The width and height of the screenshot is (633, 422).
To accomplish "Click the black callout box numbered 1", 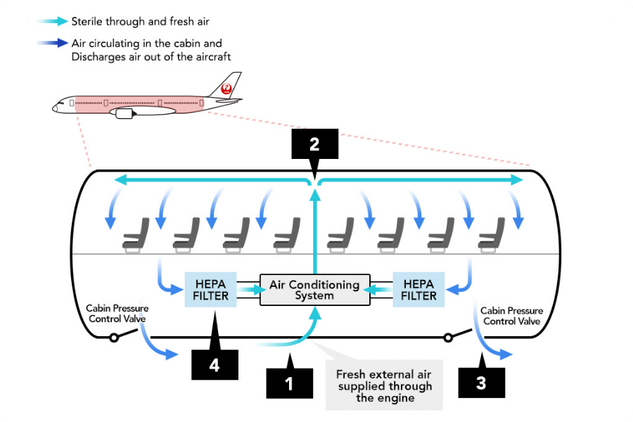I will tap(288, 384).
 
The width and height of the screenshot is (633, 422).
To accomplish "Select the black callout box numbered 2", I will tap(314, 144).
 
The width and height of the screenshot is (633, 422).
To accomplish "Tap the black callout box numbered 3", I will tap(481, 384).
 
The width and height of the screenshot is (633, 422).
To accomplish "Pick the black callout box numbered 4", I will tap(215, 366).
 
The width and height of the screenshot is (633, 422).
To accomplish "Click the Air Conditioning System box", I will tap(314, 290).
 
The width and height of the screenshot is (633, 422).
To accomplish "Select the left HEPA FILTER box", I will tap(211, 290).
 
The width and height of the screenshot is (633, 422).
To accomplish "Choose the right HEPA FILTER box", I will tap(418, 290).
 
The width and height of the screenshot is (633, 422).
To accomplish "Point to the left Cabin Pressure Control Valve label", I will tap(117, 314).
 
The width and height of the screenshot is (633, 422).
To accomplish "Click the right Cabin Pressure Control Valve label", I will tap(511, 316).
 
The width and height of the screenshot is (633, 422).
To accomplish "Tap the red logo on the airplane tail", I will tap(226, 89).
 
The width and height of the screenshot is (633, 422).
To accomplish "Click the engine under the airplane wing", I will tap(124, 113).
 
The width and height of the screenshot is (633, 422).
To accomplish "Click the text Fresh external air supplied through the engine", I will tap(384, 386).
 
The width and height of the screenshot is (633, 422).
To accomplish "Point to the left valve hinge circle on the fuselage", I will tap(113, 338).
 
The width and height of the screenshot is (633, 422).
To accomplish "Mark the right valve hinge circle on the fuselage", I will tap(448, 338).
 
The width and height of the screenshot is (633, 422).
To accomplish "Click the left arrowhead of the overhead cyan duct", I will tap(120, 181).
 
